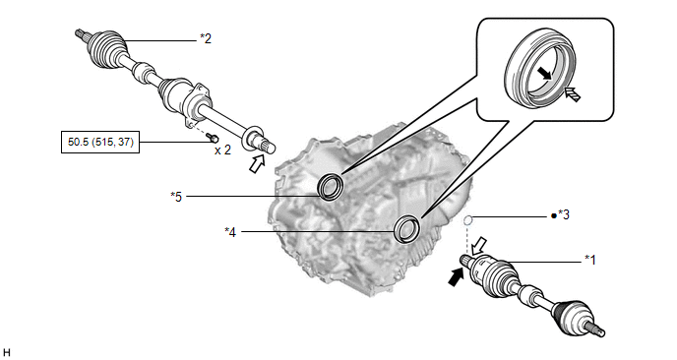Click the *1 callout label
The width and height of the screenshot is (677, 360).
pos(590,260)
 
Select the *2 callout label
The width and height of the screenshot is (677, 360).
pos(206,38)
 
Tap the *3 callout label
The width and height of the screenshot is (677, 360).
pos(564,214)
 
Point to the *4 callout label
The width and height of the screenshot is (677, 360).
pos(230,232)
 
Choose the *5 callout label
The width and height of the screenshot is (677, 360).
pos(176,197)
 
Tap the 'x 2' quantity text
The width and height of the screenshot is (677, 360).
pos(222,150)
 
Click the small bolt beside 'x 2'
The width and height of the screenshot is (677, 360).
pos(212,138)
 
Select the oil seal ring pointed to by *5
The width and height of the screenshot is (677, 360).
pos(331,187)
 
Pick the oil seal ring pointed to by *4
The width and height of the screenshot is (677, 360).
pos(407,229)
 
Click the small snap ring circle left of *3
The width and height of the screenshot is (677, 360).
pos(468,221)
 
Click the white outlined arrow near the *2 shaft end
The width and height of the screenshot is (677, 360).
pos(257,164)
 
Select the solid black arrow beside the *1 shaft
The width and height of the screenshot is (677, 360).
pos(455,276)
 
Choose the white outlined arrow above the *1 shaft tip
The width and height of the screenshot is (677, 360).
pos(479,246)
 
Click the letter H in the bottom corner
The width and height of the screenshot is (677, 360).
pos(6,353)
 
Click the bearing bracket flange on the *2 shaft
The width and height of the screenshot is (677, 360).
pos(196,103)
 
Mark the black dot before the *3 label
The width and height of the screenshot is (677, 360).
pos(554,215)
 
